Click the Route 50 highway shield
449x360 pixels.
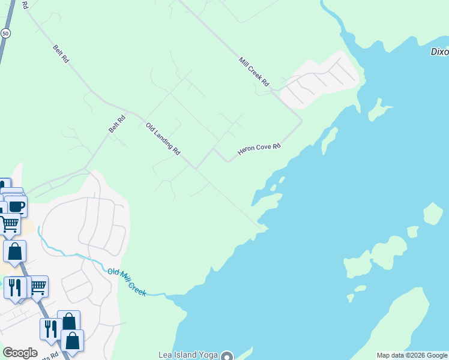tap(5, 34)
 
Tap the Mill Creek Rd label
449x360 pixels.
tap(254, 70)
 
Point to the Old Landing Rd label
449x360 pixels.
tap(163, 139)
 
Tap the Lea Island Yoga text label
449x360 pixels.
tap(187, 355)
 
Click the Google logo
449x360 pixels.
tap(20, 353)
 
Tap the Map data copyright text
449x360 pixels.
tap(412, 355)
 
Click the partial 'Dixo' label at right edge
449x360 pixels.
tap(439, 52)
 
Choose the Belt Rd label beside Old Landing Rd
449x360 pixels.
tap(117, 124)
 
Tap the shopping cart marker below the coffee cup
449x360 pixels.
tap(10, 224)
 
